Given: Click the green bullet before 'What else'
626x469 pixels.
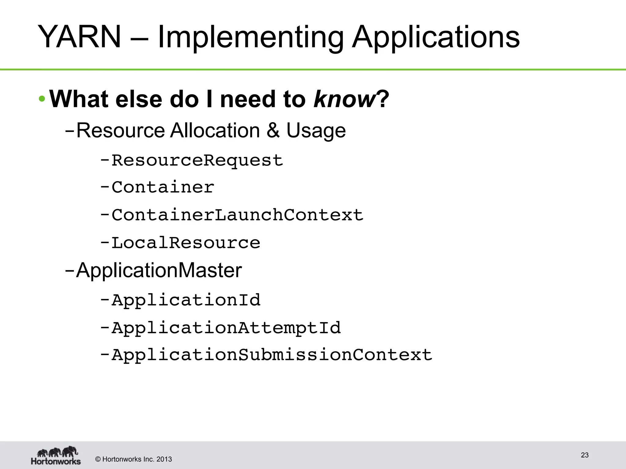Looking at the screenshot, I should click(x=42, y=99).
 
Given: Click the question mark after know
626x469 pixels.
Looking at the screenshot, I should click(x=383, y=99).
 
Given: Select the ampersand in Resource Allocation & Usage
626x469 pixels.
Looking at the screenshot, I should click(x=273, y=130).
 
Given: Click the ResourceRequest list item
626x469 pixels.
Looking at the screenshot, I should click(x=197, y=161).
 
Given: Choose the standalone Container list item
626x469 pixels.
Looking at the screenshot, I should click(x=163, y=187).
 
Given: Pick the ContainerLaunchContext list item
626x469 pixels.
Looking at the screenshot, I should click(x=237, y=215).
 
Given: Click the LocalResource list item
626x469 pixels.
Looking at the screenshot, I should click(x=186, y=243).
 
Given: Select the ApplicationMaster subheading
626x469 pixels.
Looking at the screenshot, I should click(x=159, y=271).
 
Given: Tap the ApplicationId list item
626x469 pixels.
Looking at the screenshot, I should click(x=186, y=300).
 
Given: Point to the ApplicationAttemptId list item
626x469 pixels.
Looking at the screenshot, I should click(x=226, y=328).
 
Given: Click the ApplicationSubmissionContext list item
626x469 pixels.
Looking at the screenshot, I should click(x=272, y=355).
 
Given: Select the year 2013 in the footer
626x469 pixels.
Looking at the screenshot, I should click(x=164, y=459).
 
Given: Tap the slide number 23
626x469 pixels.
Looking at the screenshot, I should click(x=584, y=455).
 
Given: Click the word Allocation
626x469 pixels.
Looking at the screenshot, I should click(x=215, y=130).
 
